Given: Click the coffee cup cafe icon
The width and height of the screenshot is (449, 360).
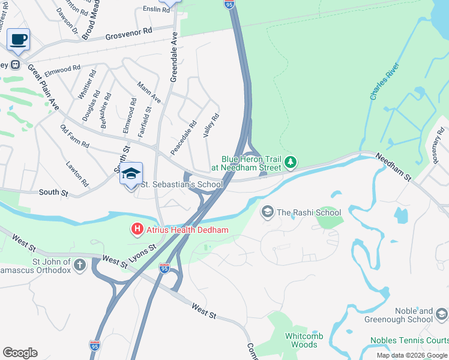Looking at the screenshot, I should (x=19, y=40).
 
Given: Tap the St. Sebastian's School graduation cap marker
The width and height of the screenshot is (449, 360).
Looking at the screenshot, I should (x=131, y=174).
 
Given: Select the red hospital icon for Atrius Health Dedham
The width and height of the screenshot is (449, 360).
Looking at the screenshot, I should (x=137, y=229).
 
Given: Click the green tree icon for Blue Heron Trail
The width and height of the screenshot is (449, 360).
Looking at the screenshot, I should (x=291, y=163).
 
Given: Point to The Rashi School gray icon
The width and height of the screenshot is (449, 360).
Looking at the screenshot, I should (x=267, y=212).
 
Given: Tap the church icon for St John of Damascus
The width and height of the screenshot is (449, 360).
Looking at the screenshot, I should (x=80, y=265).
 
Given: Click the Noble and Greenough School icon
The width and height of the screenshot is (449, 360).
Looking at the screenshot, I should (x=441, y=314).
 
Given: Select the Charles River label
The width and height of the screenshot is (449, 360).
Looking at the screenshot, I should (x=384, y=85).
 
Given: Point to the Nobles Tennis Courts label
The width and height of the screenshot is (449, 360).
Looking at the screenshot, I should (x=409, y=340).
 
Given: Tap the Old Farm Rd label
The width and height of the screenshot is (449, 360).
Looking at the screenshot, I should (x=74, y=137).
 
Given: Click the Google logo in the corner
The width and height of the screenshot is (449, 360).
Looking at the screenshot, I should (x=20, y=353).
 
